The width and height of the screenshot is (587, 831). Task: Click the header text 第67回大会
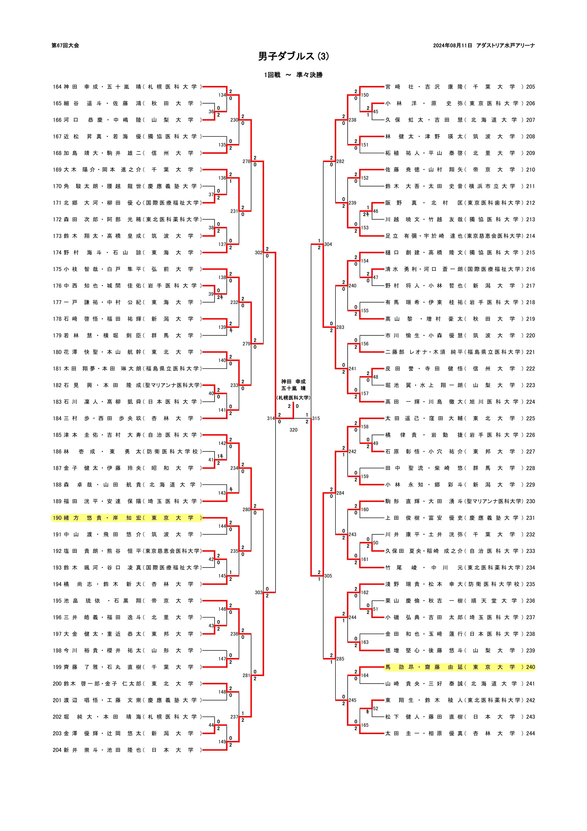65,46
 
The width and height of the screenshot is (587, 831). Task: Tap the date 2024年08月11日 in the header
452,46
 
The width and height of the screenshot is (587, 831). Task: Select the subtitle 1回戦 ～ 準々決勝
293,75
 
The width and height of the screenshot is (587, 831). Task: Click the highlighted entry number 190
57,518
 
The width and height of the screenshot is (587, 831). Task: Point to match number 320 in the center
293,430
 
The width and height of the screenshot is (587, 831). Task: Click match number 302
258,253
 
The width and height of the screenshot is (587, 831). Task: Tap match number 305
328,576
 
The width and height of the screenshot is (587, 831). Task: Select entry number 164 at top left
57,87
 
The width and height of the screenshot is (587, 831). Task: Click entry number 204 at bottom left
57,750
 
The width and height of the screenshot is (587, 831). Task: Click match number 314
271,418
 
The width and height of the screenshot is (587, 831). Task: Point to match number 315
316,418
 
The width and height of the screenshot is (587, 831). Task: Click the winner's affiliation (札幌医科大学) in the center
293,398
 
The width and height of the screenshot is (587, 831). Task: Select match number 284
340,493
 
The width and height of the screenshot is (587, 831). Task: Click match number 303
258,592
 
